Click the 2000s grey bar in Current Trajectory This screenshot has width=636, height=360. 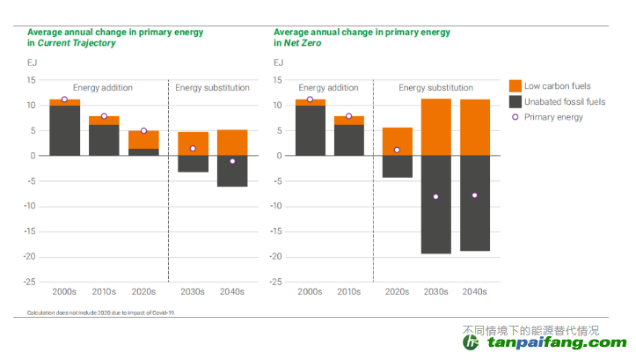click(64, 130)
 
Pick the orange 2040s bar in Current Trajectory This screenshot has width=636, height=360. click(232, 143)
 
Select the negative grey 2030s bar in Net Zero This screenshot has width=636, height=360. click(435, 204)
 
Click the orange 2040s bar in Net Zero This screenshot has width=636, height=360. click(475, 128)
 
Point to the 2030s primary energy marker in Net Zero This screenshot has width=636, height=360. click(435, 196)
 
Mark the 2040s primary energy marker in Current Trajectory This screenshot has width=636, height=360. click(232, 161)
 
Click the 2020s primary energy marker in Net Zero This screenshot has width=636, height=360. click(397, 150)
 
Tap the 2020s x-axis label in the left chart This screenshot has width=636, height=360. click(143, 291)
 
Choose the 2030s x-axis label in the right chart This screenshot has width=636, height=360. click(435, 291)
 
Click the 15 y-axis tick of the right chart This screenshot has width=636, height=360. click(278, 80)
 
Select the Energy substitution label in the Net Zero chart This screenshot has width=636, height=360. click(435, 88)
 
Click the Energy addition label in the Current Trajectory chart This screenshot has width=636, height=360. click(103, 88)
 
